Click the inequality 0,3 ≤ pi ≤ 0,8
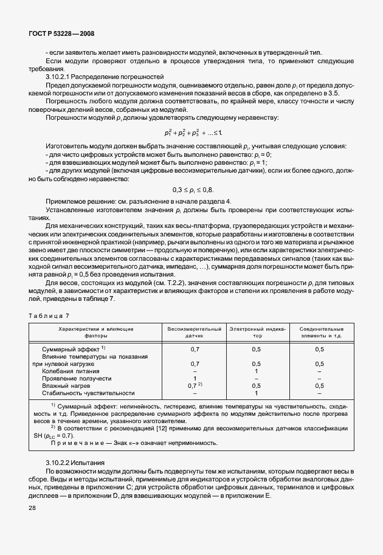tap(193, 190)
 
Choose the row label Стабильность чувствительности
tap(88, 393)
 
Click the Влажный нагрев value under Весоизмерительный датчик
tap(195, 385)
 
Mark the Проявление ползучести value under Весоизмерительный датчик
tap(195, 378)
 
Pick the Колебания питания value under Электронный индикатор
tap(257, 370)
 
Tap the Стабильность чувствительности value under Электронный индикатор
tap(257, 393)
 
